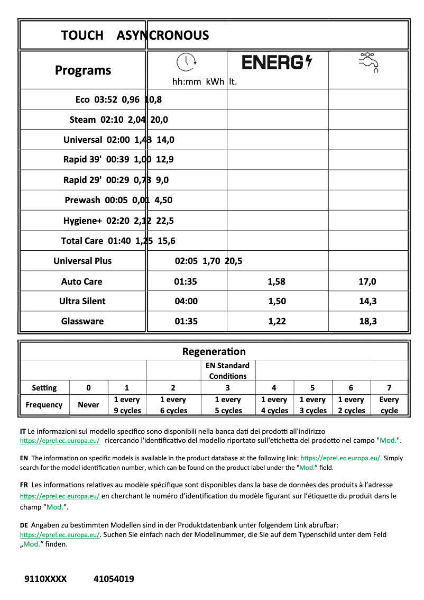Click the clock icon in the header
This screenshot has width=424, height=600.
tap(186, 62)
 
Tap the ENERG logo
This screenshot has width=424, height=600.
tap(277, 62)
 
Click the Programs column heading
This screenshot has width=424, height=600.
tap(83, 70)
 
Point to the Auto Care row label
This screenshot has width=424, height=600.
tap(82, 281)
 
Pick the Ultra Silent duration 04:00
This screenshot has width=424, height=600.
tap(186, 301)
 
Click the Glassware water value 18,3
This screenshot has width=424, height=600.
tap(367, 321)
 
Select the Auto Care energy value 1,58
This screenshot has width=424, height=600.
tap(277, 281)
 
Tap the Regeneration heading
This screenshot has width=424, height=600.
tap(214, 351)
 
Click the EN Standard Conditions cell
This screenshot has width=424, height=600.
tap(227, 370)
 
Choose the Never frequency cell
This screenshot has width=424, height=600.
tap(88, 405)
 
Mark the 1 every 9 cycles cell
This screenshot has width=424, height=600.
tap(127, 405)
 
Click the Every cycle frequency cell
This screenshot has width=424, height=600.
tap(389, 405)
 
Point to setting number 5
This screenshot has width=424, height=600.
tap(312, 387)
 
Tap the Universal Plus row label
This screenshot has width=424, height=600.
tap(82, 261)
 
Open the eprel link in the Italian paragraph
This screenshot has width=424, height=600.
tap(60, 441)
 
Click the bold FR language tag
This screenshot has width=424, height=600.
tap(24, 485)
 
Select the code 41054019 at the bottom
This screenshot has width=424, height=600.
tap(114, 579)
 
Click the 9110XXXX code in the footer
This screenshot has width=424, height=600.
tap(45, 579)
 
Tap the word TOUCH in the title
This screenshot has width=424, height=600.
tap(82, 35)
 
